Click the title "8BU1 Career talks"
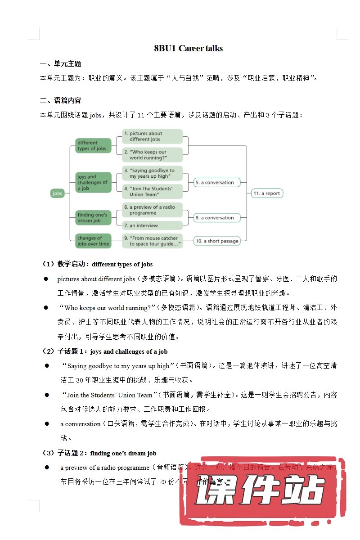[x=188, y=49]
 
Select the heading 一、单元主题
[x=60, y=64]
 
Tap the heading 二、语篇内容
[x=60, y=100]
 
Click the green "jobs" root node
[x=58, y=193]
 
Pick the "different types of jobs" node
[x=93, y=146]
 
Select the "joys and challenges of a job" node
[x=93, y=183]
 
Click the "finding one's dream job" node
[x=93, y=218]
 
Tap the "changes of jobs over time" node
[x=93, y=241]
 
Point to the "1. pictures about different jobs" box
[x=153, y=136]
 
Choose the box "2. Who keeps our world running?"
[x=153, y=155]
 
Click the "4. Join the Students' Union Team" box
[x=153, y=191]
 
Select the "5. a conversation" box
[x=217, y=183]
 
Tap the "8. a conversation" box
[x=217, y=218]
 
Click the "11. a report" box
[x=267, y=193]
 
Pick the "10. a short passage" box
[x=217, y=241]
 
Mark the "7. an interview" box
[x=153, y=225]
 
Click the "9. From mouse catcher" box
[x=153, y=241]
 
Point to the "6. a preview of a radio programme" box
[x=153, y=210]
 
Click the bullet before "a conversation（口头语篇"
[x=46, y=424]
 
